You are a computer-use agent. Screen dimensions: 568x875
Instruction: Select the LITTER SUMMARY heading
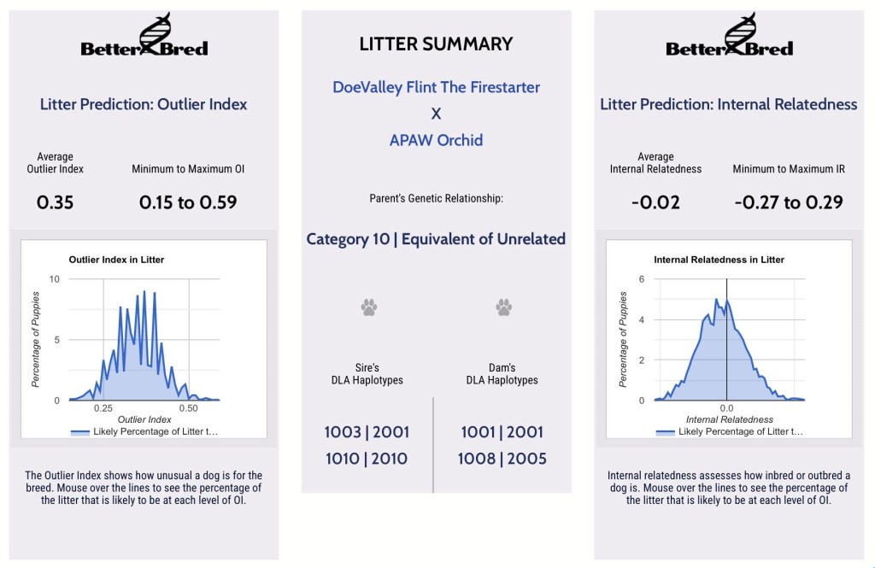(436, 44)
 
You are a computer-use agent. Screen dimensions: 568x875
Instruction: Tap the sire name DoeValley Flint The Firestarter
(436, 87)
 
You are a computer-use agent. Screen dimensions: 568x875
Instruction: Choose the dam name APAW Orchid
(436, 139)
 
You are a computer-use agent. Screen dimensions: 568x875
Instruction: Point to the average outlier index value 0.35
(55, 202)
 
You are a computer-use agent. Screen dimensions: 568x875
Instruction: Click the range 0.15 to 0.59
(188, 202)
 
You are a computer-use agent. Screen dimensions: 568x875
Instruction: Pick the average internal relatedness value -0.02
(655, 202)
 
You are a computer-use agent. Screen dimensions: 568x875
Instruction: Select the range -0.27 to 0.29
(789, 202)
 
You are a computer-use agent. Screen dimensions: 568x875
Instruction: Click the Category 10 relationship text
(436, 239)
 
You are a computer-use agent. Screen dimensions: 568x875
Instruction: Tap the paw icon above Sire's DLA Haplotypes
(368, 307)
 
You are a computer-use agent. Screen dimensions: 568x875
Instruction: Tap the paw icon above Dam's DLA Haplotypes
(503, 307)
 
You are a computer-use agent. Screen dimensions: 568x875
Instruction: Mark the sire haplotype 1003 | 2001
(367, 432)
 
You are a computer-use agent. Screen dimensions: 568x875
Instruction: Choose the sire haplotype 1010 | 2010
(367, 459)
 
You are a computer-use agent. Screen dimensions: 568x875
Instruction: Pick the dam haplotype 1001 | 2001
(502, 432)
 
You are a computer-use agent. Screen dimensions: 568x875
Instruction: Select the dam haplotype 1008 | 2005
(502, 459)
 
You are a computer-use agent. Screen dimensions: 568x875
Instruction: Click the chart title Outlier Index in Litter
(116, 260)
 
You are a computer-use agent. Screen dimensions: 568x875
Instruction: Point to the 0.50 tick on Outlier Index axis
(188, 408)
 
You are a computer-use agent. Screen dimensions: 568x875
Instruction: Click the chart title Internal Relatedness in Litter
(719, 260)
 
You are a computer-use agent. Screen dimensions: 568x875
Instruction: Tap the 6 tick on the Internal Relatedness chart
(641, 279)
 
